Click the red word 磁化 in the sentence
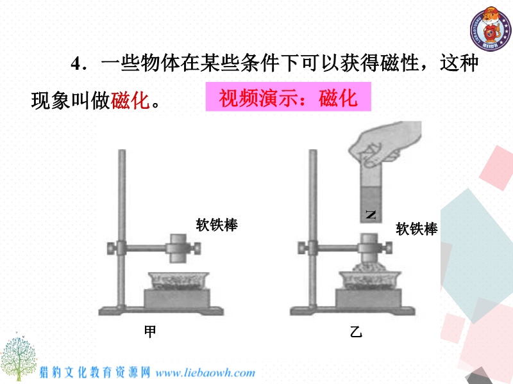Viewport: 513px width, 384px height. click(x=130, y=100)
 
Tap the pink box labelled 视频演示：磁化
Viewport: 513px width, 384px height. click(x=288, y=97)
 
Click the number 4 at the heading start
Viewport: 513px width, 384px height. click(x=76, y=63)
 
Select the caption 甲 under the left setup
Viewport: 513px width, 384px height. click(x=150, y=332)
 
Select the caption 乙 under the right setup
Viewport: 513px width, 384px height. click(x=356, y=332)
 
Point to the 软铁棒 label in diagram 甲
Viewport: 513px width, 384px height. click(x=217, y=225)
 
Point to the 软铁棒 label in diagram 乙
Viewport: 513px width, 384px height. click(x=416, y=228)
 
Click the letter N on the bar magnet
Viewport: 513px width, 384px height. click(x=371, y=214)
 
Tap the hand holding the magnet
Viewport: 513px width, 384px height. click(x=385, y=143)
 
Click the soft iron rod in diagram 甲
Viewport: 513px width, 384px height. click(x=178, y=248)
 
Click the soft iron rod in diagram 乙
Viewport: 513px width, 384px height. click(x=369, y=248)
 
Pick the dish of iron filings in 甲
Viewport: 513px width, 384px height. click(x=178, y=280)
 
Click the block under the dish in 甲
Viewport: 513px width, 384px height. click(x=177, y=298)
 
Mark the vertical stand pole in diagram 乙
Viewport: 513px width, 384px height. click(x=313, y=228)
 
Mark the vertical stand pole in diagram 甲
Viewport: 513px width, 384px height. click(x=122, y=228)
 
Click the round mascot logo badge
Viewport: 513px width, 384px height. click(x=491, y=29)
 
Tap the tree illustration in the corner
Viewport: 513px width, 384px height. click(x=18, y=356)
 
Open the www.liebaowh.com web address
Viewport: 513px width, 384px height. click(x=205, y=372)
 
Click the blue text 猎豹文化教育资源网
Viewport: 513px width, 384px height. click(x=95, y=372)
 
